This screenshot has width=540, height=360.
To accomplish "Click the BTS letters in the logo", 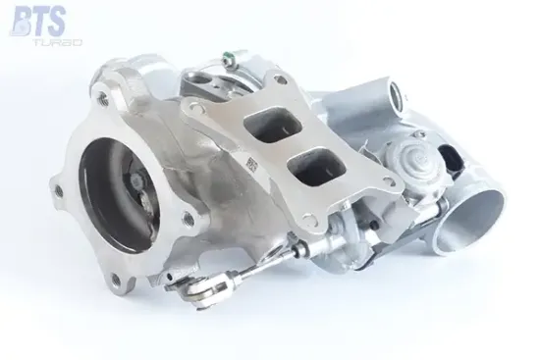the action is pyautogui.click(x=38, y=21).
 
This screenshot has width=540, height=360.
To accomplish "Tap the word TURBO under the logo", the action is pyautogui.click(x=58, y=43).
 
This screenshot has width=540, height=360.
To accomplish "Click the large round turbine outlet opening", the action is pyautogui.click(x=119, y=195).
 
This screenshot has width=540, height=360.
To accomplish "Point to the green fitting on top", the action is pyautogui.click(x=227, y=54).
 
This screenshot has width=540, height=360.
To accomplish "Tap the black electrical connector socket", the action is pyautogui.click(x=452, y=158).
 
